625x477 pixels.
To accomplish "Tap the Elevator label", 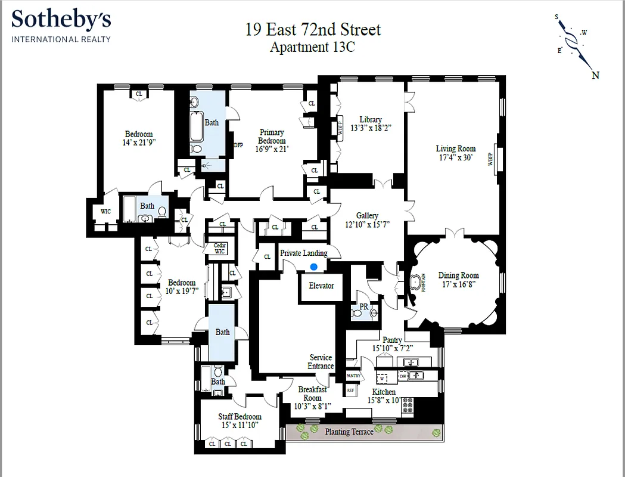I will point(321,286).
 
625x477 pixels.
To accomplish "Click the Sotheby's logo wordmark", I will point(61,20).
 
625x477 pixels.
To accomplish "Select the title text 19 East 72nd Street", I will point(313,29).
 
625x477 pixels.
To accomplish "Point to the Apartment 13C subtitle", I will point(312,48).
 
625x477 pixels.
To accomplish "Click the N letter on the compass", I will point(595,75).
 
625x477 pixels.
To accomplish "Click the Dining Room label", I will point(459,275).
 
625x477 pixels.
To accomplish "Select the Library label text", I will point(370,119).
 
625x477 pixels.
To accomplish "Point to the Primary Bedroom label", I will point(272,137).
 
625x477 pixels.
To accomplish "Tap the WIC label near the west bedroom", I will point(105,211).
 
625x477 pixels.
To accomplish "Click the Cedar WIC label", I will point(219,248).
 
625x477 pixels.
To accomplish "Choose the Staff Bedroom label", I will point(240,417).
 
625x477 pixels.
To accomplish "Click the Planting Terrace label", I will point(349,432).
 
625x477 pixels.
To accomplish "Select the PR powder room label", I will point(363,307).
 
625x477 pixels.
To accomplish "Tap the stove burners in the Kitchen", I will point(408,406).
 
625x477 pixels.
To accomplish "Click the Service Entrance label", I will point(321,362).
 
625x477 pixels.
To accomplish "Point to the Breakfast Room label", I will point(312,394).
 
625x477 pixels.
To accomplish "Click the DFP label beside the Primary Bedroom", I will point(238,145).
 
